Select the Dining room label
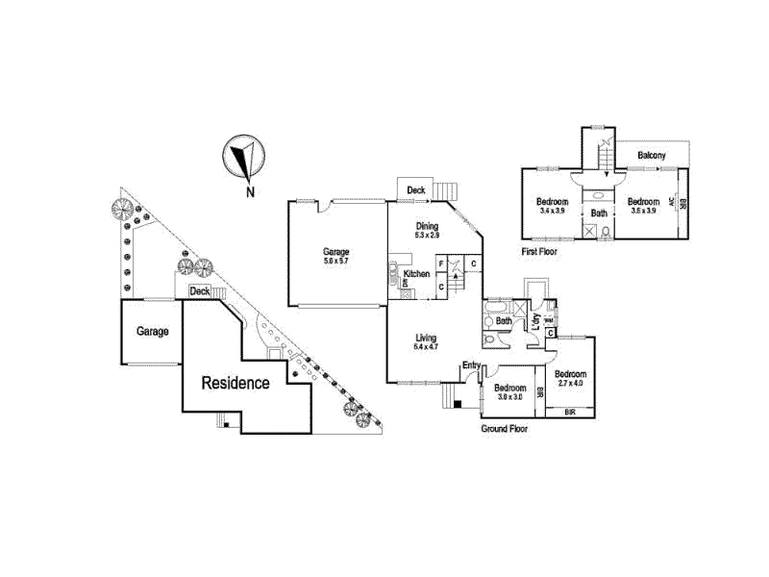[x=426, y=224]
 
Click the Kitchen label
[x=416, y=274]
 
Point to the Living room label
[x=426, y=338]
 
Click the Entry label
[x=471, y=364]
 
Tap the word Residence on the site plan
[x=235, y=383]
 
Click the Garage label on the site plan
[x=152, y=332]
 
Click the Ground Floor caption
[x=504, y=429]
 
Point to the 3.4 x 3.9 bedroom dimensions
[x=554, y=211]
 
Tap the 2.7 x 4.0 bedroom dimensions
[x=569, y=384]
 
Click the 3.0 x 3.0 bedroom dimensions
[x=509, y=396]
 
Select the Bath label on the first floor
[x=599, y=213]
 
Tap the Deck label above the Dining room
[x=415, y=190]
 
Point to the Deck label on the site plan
[x=200, y=290]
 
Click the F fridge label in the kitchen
[x=440, y=263]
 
